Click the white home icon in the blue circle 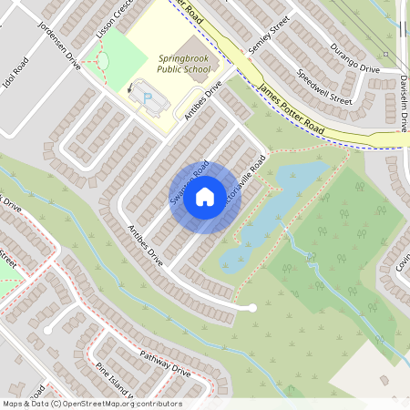click(205, 196)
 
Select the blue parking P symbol click(148, 97)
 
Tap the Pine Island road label click(115, 383)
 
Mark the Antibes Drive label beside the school click(202, 102)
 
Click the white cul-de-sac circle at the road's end click(252, 308)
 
